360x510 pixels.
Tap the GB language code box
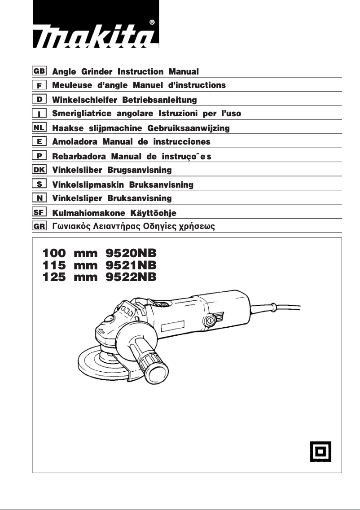point(39,70)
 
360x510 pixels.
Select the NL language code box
point(39,127)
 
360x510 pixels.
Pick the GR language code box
point(39,227)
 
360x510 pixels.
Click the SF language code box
point(39,212)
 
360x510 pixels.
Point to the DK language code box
point(39,170)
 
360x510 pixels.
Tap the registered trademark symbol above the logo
point(153,22)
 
